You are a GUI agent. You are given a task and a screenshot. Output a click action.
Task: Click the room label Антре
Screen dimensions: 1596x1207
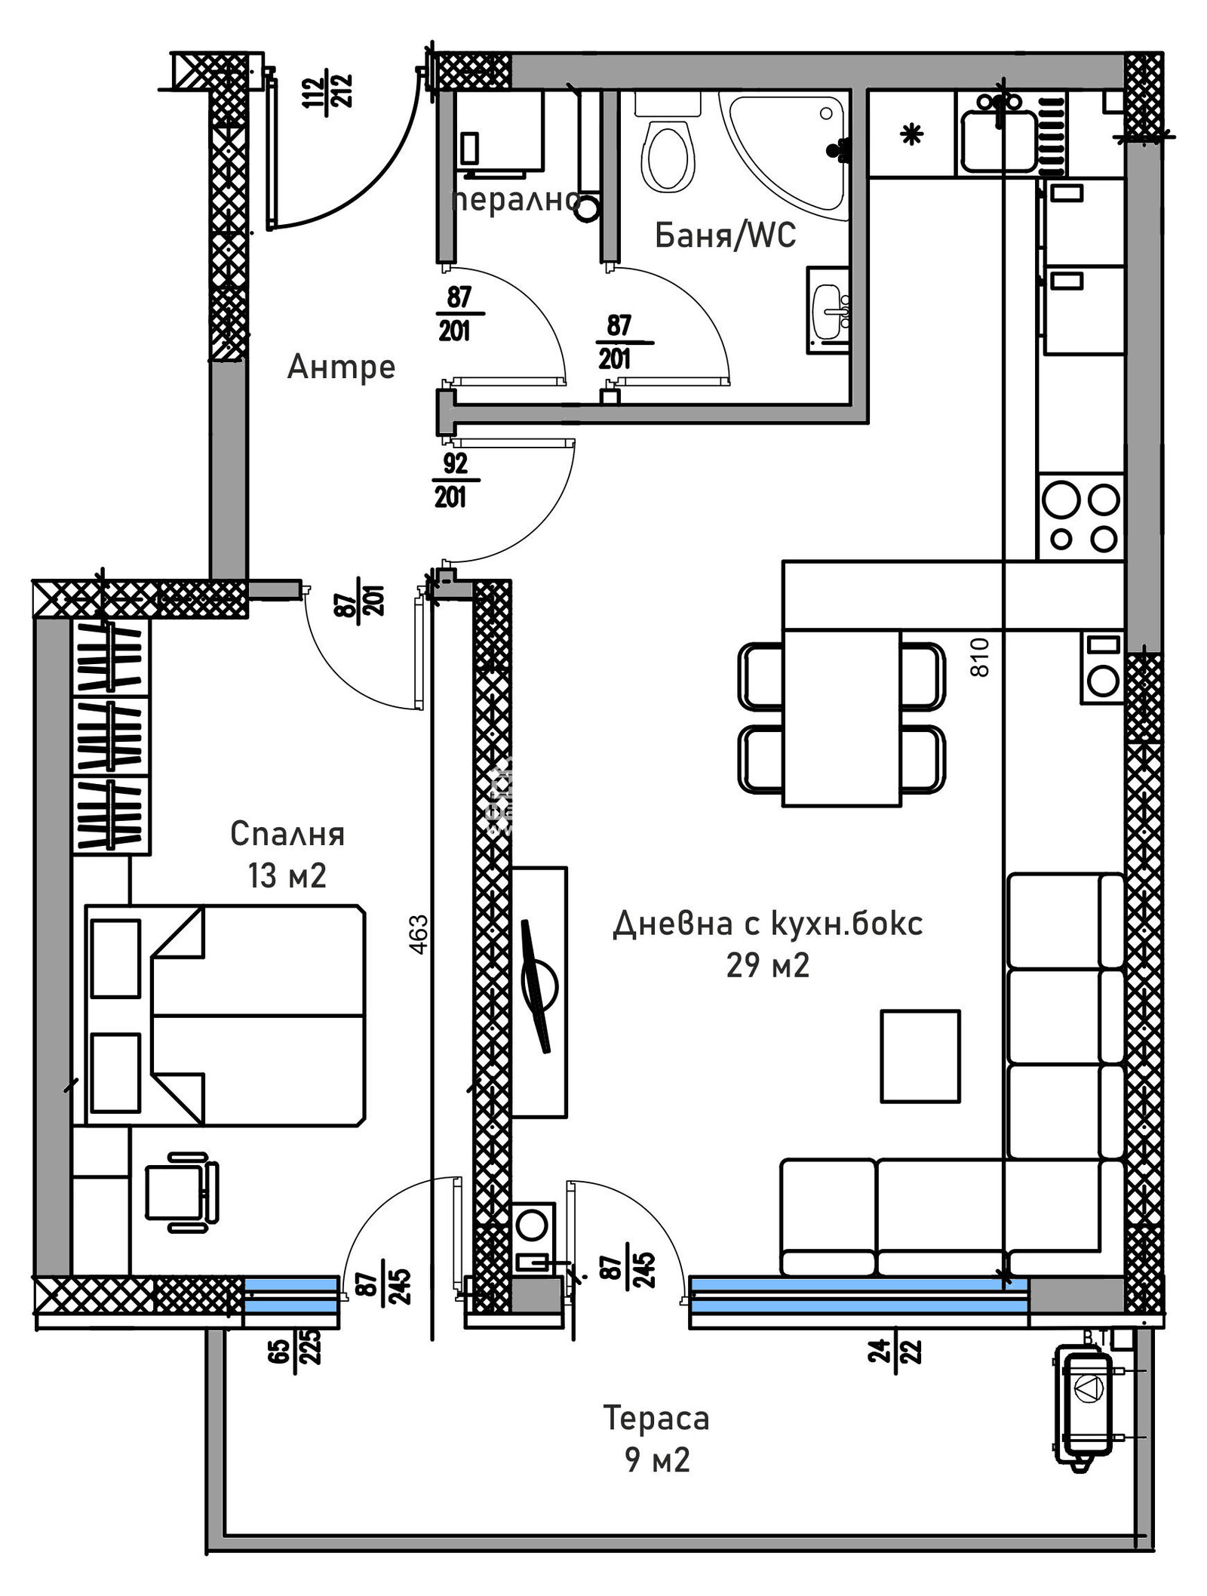341,367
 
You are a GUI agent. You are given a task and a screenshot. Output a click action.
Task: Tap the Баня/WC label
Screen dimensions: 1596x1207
724,235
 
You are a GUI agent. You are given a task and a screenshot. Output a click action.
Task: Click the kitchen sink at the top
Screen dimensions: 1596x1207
998,140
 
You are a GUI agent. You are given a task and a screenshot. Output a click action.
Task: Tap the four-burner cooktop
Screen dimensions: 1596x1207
1081,518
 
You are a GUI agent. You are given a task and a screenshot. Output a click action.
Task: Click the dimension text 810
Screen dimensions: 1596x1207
979,657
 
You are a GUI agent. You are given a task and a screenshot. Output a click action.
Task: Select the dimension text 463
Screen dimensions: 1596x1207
419,933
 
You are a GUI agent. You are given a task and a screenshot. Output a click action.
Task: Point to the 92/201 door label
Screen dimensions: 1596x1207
454,480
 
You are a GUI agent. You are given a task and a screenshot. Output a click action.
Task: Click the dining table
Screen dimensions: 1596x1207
841,718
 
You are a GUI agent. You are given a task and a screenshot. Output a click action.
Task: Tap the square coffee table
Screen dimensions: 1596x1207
920,1056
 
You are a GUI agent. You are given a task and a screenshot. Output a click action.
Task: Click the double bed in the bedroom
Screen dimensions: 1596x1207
226,1016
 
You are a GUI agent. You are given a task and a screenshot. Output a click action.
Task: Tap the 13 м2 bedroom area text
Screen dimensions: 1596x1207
287,876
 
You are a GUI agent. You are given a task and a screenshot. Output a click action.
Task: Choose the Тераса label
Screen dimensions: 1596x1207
656,1419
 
